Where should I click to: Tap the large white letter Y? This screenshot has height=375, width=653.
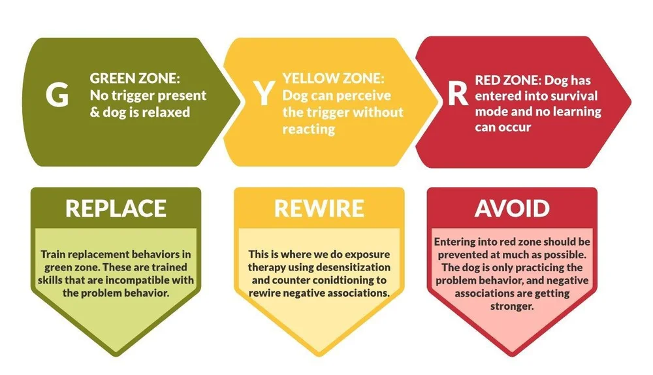263,93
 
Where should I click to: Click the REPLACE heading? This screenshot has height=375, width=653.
116,208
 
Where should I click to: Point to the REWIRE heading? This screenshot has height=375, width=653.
319,208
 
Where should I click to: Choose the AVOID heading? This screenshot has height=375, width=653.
512,208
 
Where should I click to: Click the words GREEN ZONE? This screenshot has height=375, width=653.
133,79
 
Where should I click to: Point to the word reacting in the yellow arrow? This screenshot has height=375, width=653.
309,129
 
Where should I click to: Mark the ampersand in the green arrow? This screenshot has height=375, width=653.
95,112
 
